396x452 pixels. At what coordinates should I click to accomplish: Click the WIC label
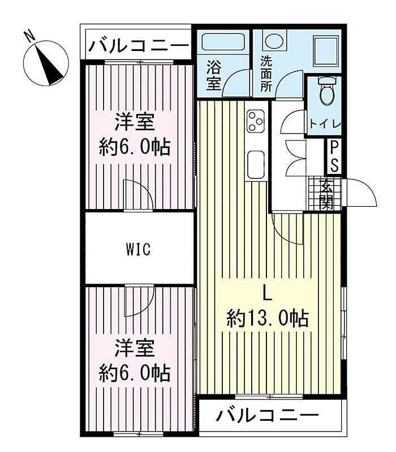click(x=138, y=249)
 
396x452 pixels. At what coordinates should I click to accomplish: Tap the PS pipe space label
click(x=334, y=157)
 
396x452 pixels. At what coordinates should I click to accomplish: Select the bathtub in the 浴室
click(x=223, y=42)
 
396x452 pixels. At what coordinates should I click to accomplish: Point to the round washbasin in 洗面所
click(x=274, y=41)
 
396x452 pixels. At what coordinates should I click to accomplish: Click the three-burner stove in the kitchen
click(x=256, y=121)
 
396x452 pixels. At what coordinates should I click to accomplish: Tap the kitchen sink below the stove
click(x=256, y=164)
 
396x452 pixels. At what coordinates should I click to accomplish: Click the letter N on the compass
click(x=29, y=37)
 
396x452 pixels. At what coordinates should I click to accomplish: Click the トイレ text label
click(x=325, y=124)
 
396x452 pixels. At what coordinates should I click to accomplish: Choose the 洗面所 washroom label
click(x=266, y=74)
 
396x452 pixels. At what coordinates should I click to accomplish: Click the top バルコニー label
click(x=138, y=45)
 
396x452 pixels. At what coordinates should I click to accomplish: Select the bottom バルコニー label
click(x=268, y=416)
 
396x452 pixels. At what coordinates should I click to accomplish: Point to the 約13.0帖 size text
click(x=268, y=319)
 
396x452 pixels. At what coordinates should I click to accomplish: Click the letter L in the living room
click(x=267, y=293)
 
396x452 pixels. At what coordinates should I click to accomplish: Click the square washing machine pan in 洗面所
click(x=326, y=50)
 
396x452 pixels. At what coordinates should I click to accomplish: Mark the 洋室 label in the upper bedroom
click(x=135, y=122)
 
